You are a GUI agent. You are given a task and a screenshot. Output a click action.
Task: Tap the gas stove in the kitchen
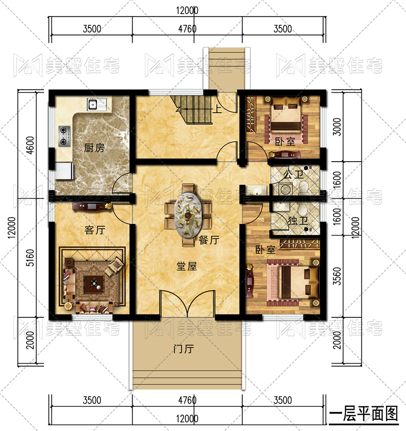tap(65, 136)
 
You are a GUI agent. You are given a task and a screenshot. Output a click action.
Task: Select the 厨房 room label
tap(94, 148)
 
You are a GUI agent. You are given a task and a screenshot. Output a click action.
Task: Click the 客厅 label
tap(95, 230)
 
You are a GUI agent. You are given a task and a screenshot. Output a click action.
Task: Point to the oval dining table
tap(189, 215)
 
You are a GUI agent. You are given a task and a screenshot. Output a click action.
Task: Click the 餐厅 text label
tap(209, 240)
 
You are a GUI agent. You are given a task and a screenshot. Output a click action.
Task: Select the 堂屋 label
tap(187, 266)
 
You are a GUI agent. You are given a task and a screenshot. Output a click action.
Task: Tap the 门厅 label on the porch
tap(184, 349)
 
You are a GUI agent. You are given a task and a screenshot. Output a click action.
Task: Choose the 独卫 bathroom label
tap(298, 220)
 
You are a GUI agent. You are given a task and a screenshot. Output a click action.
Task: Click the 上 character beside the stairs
tap(217, 109)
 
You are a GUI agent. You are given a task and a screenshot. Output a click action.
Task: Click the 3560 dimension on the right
tap(337, 276)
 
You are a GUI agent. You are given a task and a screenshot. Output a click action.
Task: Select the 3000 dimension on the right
tap(337, 127)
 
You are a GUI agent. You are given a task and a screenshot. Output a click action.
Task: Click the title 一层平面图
tap(364, 414)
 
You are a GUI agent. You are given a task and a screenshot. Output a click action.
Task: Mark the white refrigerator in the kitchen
tap(64, 171)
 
